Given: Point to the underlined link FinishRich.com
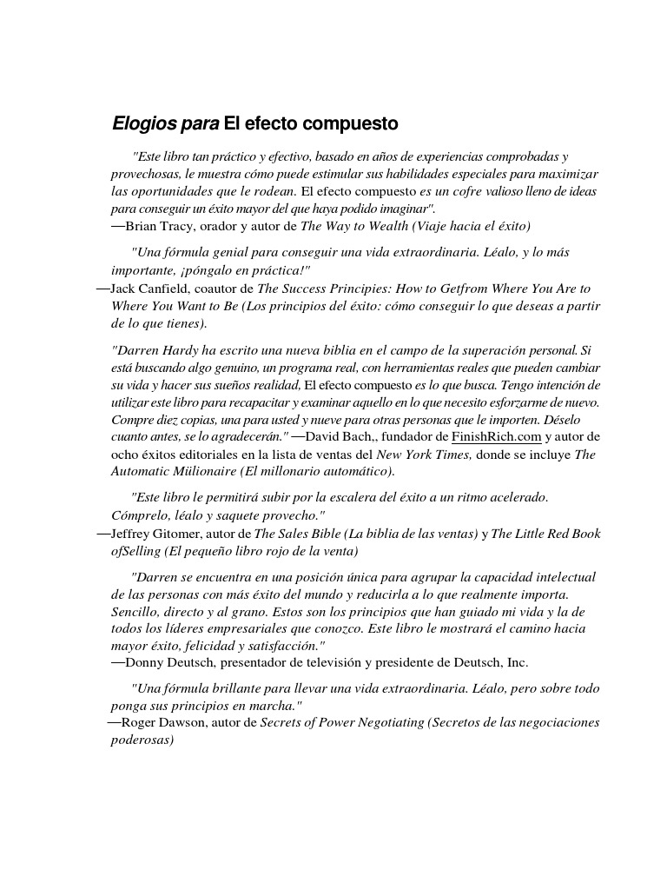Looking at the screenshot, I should click(x=497, y=436).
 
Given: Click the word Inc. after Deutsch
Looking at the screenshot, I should click(x=516, y=662).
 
